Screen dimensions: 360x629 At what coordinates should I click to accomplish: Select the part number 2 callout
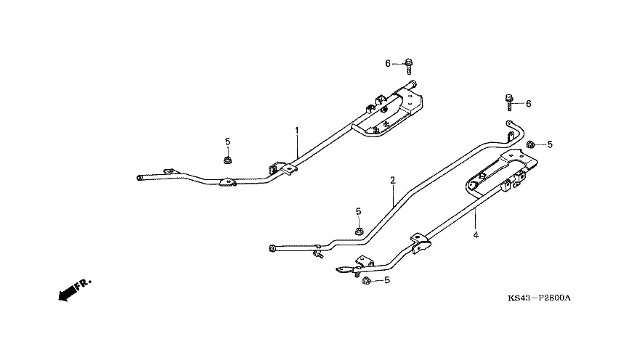point(392,179)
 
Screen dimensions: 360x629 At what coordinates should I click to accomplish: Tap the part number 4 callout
point(476,234)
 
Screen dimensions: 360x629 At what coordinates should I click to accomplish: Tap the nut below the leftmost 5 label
point(227,159)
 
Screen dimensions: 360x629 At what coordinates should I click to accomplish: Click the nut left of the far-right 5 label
point(532,144)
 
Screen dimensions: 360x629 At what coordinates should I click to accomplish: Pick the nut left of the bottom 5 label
point(367,279)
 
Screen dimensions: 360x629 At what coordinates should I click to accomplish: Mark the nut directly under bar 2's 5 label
point(360,231)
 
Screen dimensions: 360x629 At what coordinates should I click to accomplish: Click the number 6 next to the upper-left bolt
point(388,64)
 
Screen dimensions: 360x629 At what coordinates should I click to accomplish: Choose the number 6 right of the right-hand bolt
point(528,104)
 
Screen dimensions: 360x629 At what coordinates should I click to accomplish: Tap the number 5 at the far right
point(549,144)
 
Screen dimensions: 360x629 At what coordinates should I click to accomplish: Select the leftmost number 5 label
point(227,141)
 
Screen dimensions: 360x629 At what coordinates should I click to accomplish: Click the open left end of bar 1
point(139,176)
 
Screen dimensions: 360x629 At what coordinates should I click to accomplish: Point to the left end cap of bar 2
point(272,248)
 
